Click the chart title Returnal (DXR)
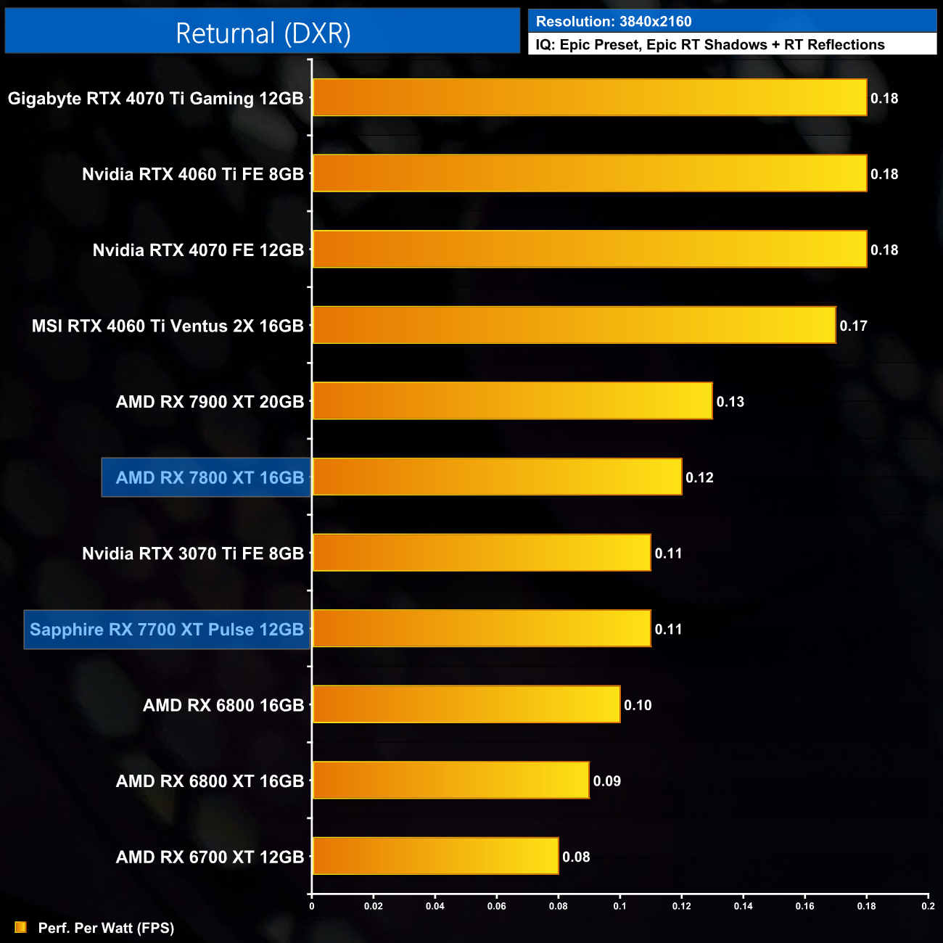click(263, 33)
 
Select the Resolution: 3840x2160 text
click(614, 22)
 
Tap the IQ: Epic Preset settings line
click(710, 45)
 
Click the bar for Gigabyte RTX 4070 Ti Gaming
click(589, 98)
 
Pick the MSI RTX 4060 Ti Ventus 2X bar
click(574, 326)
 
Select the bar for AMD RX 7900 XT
click(512, 401)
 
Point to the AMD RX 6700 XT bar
click(435, 857)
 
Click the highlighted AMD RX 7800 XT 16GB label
click(210, 478)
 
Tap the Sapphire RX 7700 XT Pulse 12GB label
click(167, 630)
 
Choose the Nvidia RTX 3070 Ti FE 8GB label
click(193, 554)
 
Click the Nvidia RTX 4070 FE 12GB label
click(198, 250)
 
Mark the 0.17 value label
click(854, 326)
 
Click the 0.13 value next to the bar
click(730, 402)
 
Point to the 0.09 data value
click(607, 781)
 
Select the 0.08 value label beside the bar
click(577, 857)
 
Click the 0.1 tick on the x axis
click(619, 906)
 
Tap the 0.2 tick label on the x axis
click(928, 906)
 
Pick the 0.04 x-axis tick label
click(435, 906)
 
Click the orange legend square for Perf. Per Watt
click(21, 928)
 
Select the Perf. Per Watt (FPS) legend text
click(106, 928)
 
